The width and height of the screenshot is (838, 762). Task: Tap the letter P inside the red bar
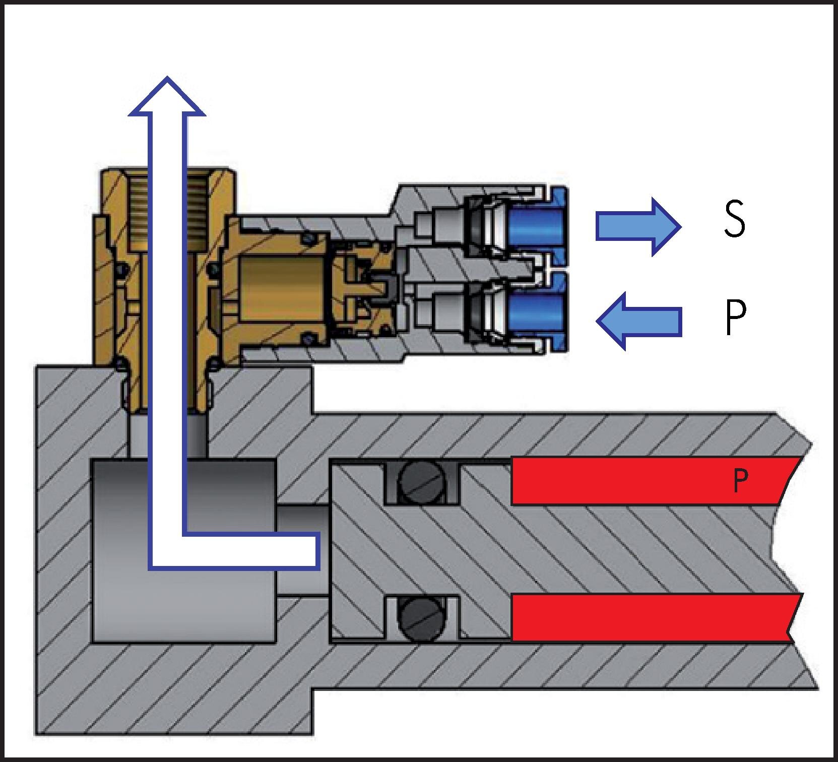pos(739,481)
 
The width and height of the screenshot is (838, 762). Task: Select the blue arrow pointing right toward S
pos(637,227)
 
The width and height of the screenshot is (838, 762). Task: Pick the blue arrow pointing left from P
pos(639,321)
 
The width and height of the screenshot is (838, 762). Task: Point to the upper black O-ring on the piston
pos(422,484)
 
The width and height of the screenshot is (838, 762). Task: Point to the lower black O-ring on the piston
pos(422,619)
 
